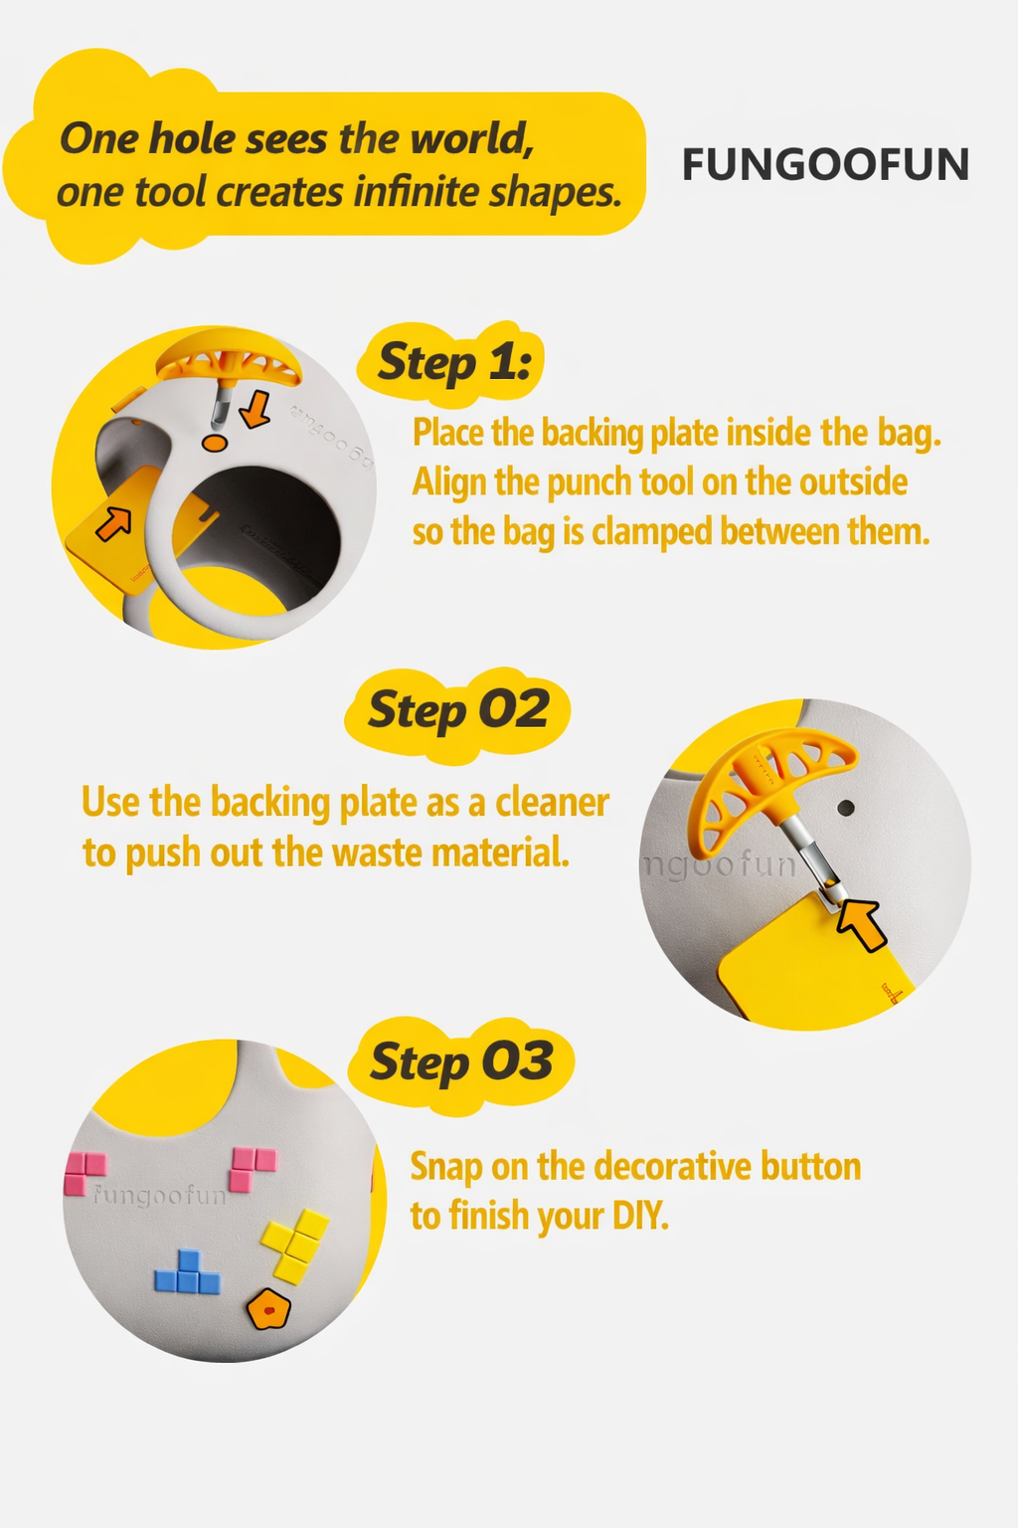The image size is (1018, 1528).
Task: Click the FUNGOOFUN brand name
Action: [825, 164]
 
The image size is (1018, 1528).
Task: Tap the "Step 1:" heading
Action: [454, 361]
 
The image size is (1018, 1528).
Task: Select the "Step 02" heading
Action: [458, 709]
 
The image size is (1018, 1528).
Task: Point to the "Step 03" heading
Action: [461, 1062]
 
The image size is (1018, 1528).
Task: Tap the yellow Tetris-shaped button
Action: [295, 1245]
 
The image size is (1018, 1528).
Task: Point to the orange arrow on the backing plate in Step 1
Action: [113, 524]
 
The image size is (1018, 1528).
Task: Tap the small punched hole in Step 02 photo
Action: [845, 809]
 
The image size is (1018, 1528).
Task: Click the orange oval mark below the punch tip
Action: [215, 443]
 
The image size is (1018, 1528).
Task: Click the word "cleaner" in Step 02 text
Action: [552, 802]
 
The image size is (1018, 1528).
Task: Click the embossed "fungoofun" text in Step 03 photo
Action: [158, 1196]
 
